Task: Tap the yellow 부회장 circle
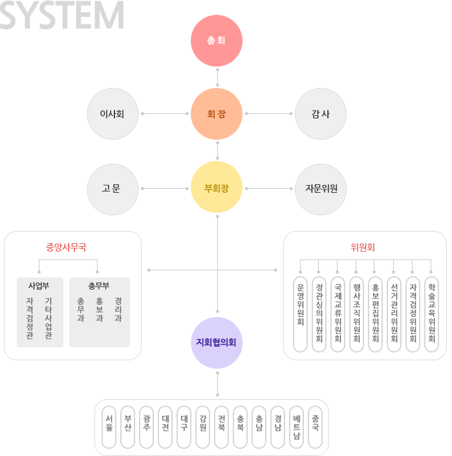click(x=217, y=188)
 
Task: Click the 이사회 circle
click(x=112, y=114)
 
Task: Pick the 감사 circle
click(x=320, y=114)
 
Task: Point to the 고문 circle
click(x=112, y=189)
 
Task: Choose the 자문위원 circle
click(x=320, y=189)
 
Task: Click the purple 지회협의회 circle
click(x=218, y=342)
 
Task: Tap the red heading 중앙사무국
click(x=66, y=246)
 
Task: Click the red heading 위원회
click(x=363, y=246)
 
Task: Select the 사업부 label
click(x=39, y=285)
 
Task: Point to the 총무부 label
click(x=99, y=285)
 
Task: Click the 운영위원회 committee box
click(x=300, y=314)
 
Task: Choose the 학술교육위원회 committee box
click(x=431, y=314)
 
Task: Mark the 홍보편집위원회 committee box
click(x=375, y=314)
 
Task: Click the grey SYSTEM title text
click(x=61, y=15)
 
